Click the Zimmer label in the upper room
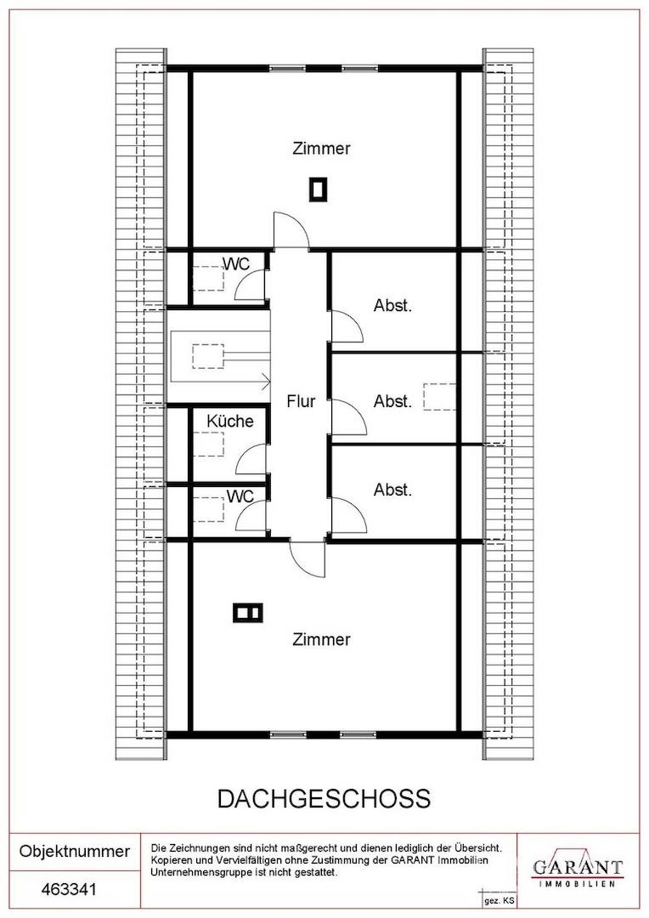[x=321, y=148]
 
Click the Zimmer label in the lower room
[x=321, y=639]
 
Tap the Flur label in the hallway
[x=301, y=401]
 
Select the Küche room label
[x=230, y=421]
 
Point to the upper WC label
[x=237, y=264]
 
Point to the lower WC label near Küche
[x=240, y=496]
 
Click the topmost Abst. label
[x=392, y=305]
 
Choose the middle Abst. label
[x=392, y=401]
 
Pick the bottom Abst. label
[x=392, y=490]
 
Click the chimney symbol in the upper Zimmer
[x=319, y=190]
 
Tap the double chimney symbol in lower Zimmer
[x=248, y=613]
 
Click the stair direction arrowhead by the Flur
[x=267, y=382]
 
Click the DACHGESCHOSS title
[x=324, y=799]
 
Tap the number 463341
[x=69, y=889]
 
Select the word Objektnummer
[x=75, y=851]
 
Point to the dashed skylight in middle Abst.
[x=439, y=396]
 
